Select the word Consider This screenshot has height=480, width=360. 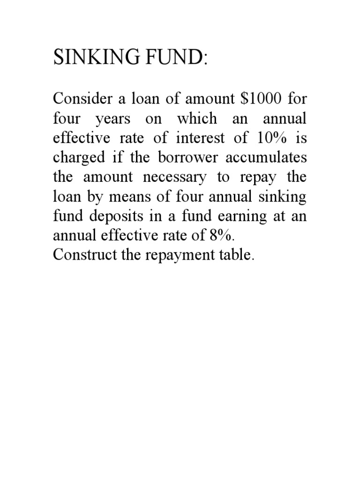(78, 99)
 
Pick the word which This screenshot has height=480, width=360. (197, 119)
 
